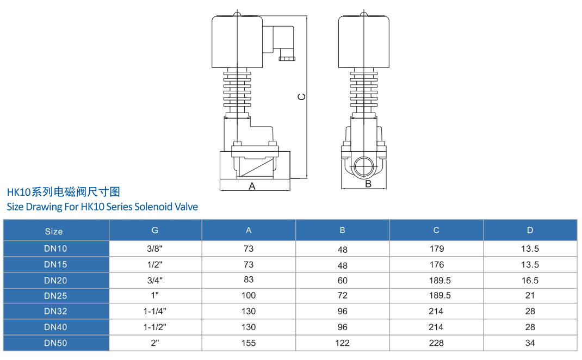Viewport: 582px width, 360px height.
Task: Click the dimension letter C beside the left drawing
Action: pyautogui.click(x=301, y=97)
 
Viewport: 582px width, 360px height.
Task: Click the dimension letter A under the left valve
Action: pyautogui.click(x=252, y=186)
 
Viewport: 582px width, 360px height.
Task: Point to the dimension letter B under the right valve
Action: pyautogui.click(x=368, y=184)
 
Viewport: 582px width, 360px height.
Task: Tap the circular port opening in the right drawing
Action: pyautogui.click(x=364, y=166)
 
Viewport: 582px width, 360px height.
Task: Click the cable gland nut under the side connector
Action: pyautogui.click(x=287, y=58)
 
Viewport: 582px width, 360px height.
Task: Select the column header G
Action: pyautogui.click(x=155, y=230)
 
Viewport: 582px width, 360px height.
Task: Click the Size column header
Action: pyautogui.click(x=54, y=232)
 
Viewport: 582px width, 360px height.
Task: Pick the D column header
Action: pyautogui.click(x=530, y=230)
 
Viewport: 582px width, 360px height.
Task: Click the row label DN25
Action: pyautogui.click(x=55, y=296)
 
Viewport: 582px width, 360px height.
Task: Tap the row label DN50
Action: pyautogui.click(x=55, y=343)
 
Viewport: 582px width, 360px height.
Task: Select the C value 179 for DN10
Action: pyautogui.click(x=437, y=249)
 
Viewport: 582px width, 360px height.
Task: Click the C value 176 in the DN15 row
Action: pyautogui.click(x=437, y=265)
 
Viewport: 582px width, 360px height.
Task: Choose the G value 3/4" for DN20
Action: pyautogui.click(x=155, y=280)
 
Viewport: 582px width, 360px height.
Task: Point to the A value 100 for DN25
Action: pyautogui.click(x=249, y=295)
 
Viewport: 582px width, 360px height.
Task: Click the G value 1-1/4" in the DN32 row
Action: pyautogui.click(x=155, y=311)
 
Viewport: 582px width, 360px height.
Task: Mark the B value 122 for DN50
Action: pyautogui.click(x=342, y=343)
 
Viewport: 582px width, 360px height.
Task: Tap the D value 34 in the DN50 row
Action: pyautogui.click(x=530, y=343)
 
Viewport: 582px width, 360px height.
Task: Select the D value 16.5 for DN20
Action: pyautogui.click(x=530, y=281)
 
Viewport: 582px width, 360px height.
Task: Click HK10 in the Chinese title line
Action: pyautogui.click(x=18, y=193)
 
